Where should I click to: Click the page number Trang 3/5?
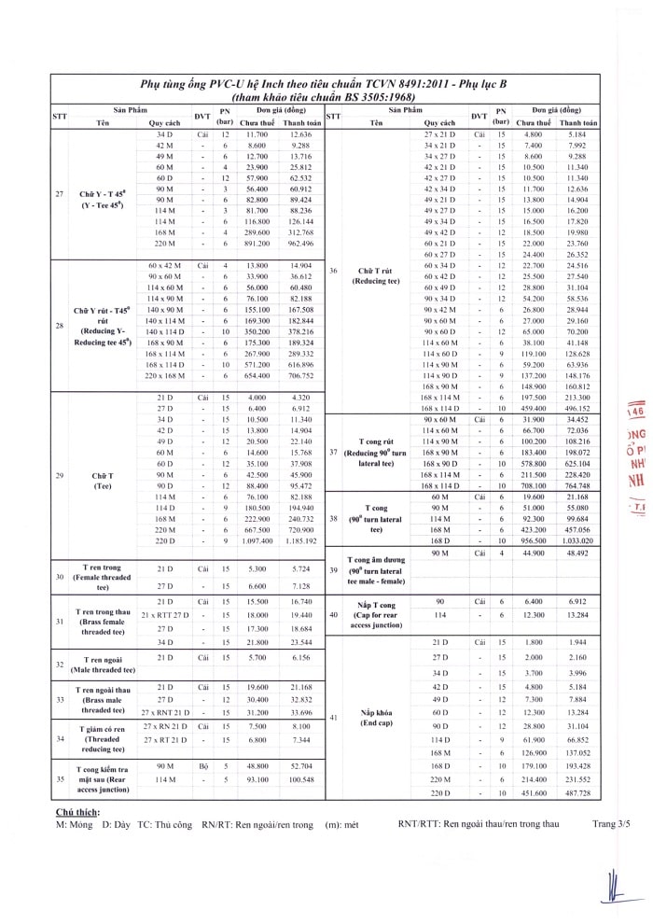(611, 825)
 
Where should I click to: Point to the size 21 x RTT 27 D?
(165, 615)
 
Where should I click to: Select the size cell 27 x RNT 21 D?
(165, 712)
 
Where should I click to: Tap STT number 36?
(333, 271)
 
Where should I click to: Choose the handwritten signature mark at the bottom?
(613, 887)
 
